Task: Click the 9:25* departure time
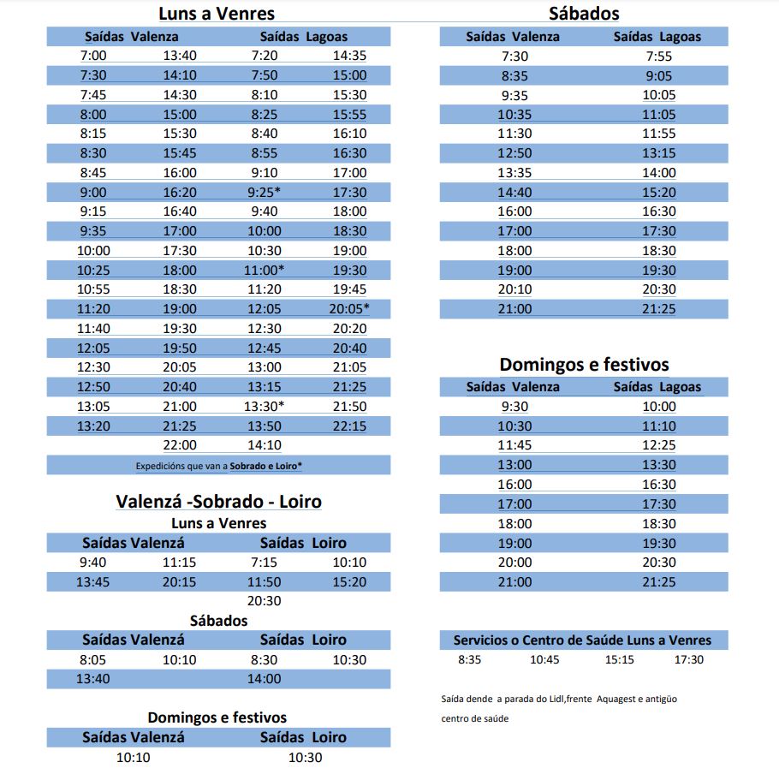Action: tap(264, 193)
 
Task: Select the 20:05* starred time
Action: tap(349, 309)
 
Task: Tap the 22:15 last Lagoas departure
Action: tap(349, 426)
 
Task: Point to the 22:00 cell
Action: tap(180, 445)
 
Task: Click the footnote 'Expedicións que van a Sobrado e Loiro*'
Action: tap(219, 466)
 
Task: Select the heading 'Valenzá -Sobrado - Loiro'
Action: tap(219, 502)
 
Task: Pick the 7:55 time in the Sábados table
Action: tap(659, 57)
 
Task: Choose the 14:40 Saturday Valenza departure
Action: tap(514, 193)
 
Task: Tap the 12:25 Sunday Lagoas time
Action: tap(659, 445)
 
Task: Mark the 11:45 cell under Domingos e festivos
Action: tap(514, 445)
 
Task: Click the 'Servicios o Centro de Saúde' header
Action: tap(582, 640)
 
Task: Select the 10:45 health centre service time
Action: tap(544, 659)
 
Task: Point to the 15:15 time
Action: tap(619, 659)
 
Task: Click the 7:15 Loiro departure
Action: tap(265, 563)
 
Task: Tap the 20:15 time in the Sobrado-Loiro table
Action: tap(180, 582)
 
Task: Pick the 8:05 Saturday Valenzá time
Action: tap(93, 660)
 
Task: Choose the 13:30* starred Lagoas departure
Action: tap(264, 406)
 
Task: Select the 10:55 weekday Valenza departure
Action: tap(93, 289)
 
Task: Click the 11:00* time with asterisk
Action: tap(264, 271)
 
